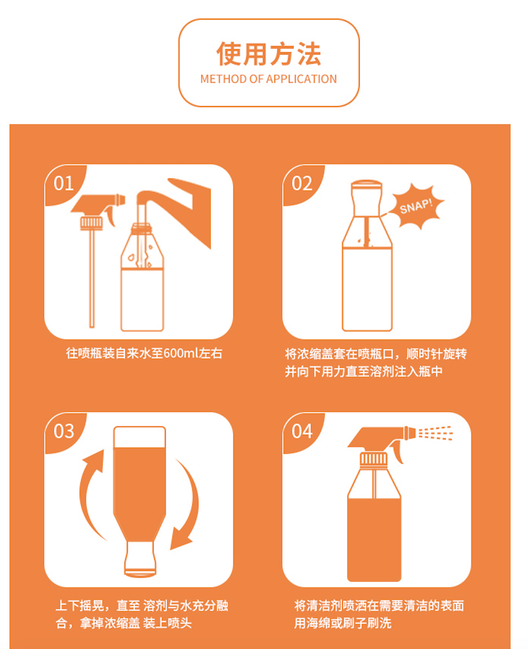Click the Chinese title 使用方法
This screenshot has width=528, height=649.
[x=269, y=54]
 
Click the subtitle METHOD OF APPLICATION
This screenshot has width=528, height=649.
[x=269, y=79]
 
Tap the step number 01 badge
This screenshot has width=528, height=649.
[x=64, y=183]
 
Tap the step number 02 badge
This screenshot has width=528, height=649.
[x=302, y=183]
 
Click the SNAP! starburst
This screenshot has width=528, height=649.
[x=416, y=207]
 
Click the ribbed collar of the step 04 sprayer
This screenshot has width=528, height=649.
[x=373, y=459]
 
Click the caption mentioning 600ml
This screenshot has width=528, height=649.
[x=144, y=353]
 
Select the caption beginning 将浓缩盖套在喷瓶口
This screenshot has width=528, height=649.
[x=376, y=363]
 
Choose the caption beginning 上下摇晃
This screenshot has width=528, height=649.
[x=142, y=614]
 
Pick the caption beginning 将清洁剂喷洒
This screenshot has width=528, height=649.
[x=379, y=614]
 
